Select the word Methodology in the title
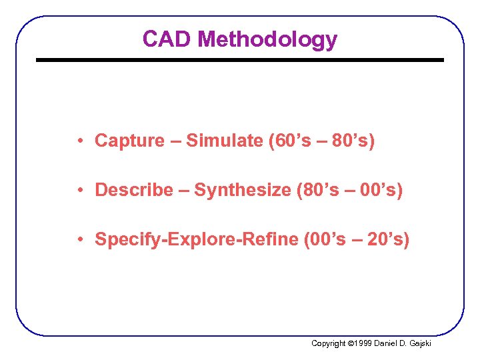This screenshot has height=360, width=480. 267,40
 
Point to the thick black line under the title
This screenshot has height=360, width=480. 239,60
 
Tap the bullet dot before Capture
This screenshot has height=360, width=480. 79,141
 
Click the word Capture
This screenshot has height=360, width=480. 129,141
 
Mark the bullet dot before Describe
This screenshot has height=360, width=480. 79,190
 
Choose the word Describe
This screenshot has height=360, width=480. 134,190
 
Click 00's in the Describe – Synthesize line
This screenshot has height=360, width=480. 377,190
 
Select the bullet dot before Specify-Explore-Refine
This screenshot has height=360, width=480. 79,239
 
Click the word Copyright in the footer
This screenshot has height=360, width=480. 329,343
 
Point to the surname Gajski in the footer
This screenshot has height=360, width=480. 420,343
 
